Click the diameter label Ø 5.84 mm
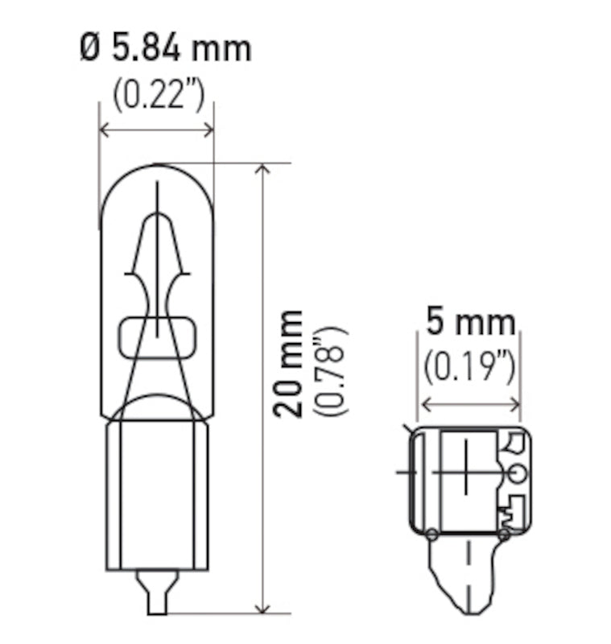pyautogui.click(x=166, y=48)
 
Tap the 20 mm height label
pyautogui.click(x=287, y=362)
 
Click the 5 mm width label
pyautogui.click(x=470, y=323)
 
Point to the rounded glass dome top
pyautogui.click(x=156, y=181)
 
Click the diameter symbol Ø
pyautogui.click(x=91, y=48)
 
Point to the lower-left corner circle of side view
pyautogui.click(x=432, y=533)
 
